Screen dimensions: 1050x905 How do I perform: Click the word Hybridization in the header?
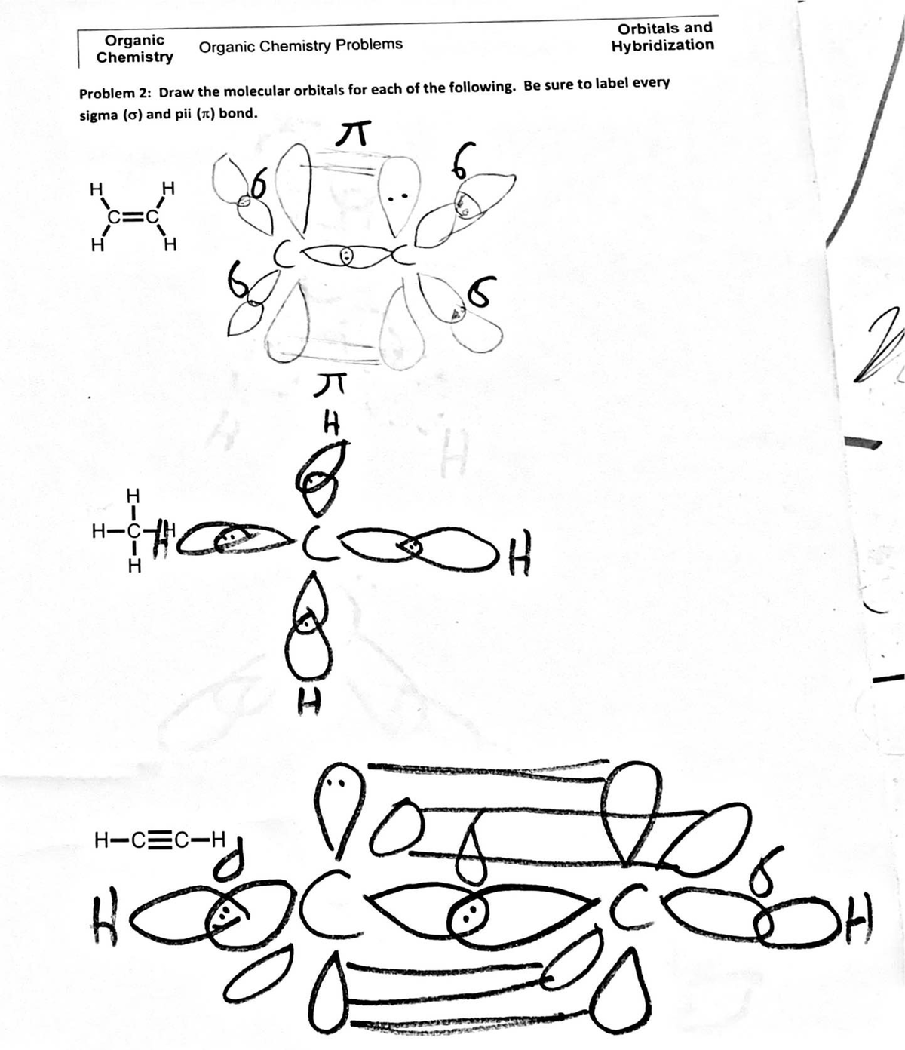click(x=663, y=45)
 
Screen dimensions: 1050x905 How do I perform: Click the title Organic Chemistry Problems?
click(x=300, y=45)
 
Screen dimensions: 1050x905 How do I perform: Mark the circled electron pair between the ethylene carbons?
click(x=346, y=255)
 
